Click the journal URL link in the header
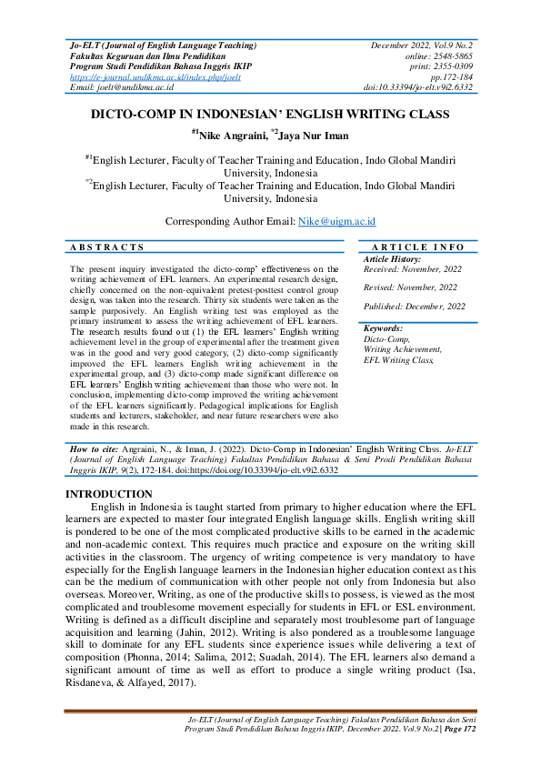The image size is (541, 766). [155, 77]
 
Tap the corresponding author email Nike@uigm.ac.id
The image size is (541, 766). [336, 221]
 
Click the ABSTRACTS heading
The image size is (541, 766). [107, 247]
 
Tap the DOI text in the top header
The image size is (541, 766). [418, 87]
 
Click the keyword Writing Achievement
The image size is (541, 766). [403, 349]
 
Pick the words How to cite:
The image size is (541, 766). [95, 450]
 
